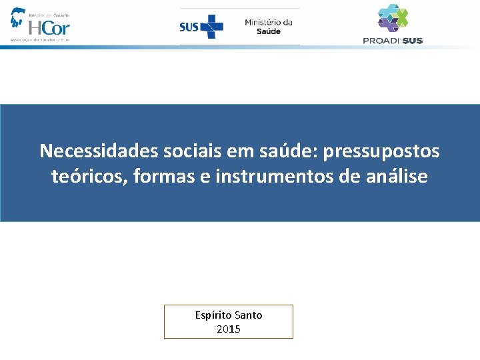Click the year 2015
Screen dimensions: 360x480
tap(229, 329)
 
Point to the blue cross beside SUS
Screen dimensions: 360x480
tap(211, 27)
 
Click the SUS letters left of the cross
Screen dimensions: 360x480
tap(189, 27)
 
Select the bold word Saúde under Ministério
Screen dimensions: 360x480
tap(269, 32)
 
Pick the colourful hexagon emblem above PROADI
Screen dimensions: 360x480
tap(393, 17)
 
